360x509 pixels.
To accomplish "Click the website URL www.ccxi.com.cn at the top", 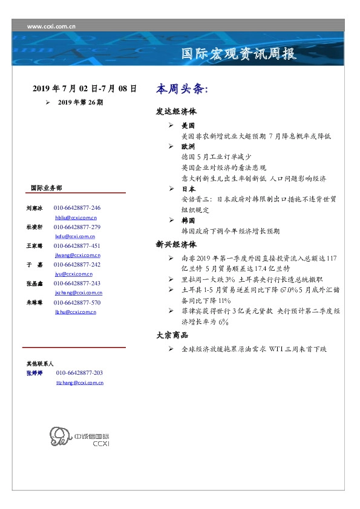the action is [x=51, y=27].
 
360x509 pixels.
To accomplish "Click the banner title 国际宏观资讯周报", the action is [x=239, y=54].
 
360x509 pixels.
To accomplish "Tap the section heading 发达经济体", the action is [x=176, y=112].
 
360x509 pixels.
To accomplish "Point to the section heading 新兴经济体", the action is [x=176, y=245].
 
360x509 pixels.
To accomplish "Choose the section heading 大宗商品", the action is [x=172, y=335].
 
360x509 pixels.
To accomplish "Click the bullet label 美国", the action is [x=188, y=126].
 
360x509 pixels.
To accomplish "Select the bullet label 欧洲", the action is [x=188, y=147].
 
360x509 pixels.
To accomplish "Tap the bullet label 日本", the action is [x=188, y=189].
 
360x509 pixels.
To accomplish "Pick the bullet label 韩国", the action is [x=188, y=221].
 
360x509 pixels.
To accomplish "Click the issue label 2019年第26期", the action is [x=80, y=103].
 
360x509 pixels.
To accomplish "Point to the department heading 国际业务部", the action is [x=46, y=187].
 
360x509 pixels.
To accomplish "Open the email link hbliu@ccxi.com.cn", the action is [x=76, y=217].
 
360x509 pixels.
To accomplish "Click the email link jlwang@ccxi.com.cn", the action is [x=76, y=255].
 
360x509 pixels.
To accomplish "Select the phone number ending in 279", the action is [x=77, y=227].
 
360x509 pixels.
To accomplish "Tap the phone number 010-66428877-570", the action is [x=77, y=302].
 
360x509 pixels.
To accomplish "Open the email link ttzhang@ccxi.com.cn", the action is [x=79, y=383].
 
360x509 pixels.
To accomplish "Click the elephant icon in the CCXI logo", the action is [x=58, y=436].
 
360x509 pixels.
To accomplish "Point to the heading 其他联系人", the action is [x=40, y=364].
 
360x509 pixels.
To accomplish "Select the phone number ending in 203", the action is [x=79, y=373].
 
